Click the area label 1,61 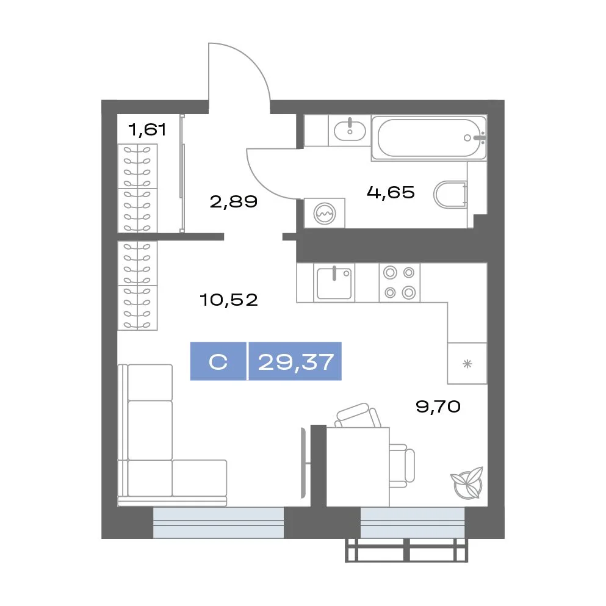pos(147,129)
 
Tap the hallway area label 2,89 pos(234,201)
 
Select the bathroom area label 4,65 pos(391,192)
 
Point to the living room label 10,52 pos(229,300)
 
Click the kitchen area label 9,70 pos(438,406)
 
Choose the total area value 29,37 pos(295,362)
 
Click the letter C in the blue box pos(218,362)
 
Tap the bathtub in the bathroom pos(429,138)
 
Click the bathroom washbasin pos(349,130)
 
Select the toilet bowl pos(450,195)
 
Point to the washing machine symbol pos(325,213)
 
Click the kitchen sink pos(334,283)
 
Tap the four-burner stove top pos(400,283)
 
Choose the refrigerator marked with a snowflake pos(467,363)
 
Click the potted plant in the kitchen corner pos(467,483)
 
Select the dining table pos(358,466)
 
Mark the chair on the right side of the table pos(402,466)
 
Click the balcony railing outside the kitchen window pos(406,550)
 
